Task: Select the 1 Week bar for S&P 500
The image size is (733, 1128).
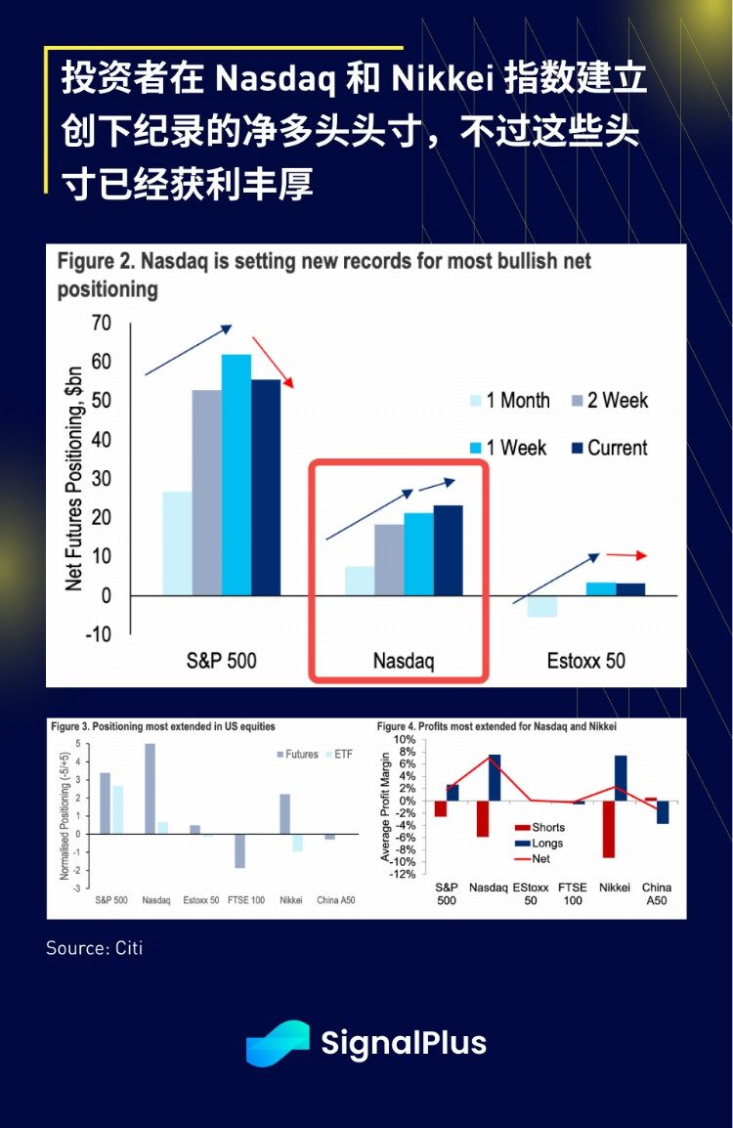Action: pyautogui.click(x=236, y=474)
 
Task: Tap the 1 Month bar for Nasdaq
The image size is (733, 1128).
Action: pyautogui.click(x=359, y=581)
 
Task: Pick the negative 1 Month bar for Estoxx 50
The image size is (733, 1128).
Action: pyautogui.click(x=541, y=606)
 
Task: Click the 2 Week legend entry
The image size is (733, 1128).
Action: pyautogui.click(x=606, y=400)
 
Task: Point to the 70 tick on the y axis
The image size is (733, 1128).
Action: pyautogui.click(x=101, y=323)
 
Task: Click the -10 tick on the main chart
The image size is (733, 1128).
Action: pyautogui.click(x=97, y=634)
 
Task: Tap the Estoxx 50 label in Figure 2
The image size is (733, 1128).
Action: pyautogui.click(x=585, y=661)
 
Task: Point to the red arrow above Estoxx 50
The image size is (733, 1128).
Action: pyautogui.click(x=626, y=555)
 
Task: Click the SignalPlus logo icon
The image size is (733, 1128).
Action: pyautogui.click(x=277, y=1043)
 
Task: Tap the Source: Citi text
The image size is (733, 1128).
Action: pyautogui.click(x=94, y=948)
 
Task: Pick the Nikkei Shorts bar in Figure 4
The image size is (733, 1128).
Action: pyautogui.click(x=609, y=829)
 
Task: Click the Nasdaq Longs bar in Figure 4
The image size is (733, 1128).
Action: pyautogui.click(x=495, y=778)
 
